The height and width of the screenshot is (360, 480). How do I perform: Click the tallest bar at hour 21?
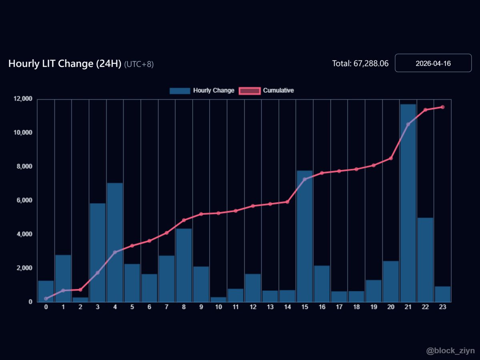click(x=408, y=204)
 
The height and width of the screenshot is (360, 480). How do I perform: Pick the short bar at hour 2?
click(x=80, y=300)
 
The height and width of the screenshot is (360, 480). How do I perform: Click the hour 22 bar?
click(x=425, y=260)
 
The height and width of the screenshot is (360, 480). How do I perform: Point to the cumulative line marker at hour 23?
click(x=442, y=107)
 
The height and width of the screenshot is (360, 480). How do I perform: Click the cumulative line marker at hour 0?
click(x=46, y=298)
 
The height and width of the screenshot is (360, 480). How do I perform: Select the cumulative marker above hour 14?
click(x=287, y=202)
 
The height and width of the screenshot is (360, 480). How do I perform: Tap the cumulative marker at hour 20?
click(x=391, y=158)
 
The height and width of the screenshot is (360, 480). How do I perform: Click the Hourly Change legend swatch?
click(x=180, y=91)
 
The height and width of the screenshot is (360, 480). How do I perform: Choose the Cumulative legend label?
click(x=278, y=91)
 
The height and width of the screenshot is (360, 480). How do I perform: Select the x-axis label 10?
click(x=218, y=307)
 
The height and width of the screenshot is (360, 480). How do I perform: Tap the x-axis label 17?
click(x=339, y=307)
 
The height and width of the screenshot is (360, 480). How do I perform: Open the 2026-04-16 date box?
click(x=433, y=63)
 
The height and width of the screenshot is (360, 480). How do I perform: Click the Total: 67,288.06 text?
click(x=360, y=64)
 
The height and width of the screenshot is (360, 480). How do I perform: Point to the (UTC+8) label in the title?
click(x=139, y=64)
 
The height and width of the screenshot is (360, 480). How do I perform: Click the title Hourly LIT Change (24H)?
click(x=65, y=64)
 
